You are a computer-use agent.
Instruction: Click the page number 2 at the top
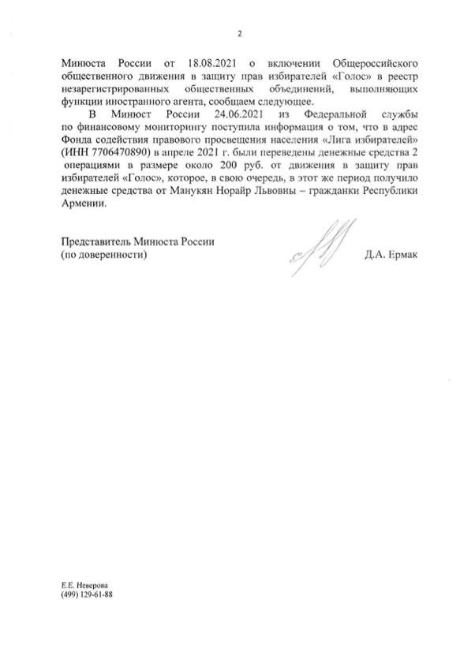tap(239, 33)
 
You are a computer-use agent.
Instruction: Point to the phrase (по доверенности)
tap(103, 256)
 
